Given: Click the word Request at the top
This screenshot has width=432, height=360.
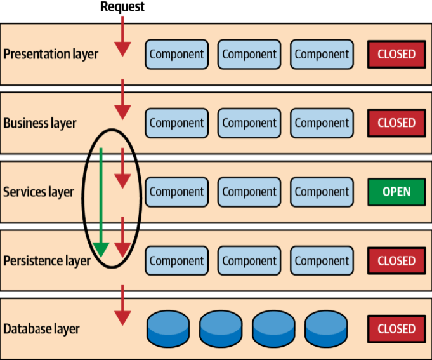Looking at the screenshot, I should [122, 7].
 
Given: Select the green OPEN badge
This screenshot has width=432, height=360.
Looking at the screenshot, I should [396, 192].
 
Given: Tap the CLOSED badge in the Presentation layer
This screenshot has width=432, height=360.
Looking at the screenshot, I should [396, 54].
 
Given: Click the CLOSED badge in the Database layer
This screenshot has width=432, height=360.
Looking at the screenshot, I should [396, 329].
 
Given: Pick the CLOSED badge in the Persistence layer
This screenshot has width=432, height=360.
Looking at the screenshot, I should [396, 260].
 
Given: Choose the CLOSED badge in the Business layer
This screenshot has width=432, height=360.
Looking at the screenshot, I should [396, 123].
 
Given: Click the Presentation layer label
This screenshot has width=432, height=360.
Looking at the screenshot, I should [51, 54].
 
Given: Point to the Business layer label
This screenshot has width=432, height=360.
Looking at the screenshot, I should [40, 123].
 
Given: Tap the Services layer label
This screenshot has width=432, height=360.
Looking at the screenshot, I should [39, 192].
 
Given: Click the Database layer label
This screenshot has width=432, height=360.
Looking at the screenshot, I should [42, 329].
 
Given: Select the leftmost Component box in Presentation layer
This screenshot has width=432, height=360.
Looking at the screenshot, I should [177, 54].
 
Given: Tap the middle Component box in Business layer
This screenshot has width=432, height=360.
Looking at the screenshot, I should [249, 123].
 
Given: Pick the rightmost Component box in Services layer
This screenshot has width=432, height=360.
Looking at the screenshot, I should [322, 192].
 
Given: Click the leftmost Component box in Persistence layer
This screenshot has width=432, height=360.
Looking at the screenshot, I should [177, 260].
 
